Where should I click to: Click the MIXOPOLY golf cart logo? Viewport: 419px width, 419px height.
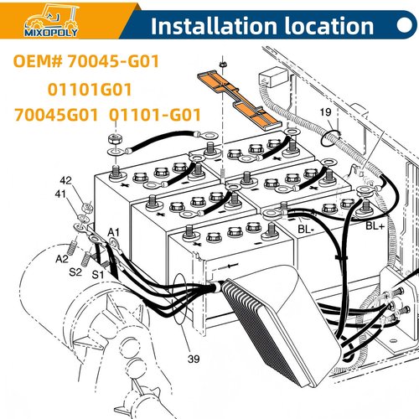coord(51,20)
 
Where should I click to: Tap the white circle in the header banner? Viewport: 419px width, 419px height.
coord(405,25)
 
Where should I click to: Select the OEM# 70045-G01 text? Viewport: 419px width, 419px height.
coord(86,61)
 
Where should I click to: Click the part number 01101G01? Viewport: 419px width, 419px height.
coord(90,90)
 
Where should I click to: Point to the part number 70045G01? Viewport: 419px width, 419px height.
coord(56,115)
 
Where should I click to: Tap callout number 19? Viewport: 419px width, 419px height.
coord(325,112)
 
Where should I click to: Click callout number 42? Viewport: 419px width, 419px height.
coord(66,180)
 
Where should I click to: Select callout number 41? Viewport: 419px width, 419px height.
coord(60,194)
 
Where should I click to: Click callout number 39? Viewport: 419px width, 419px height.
coord(194,359)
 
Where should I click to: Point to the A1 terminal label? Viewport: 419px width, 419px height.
coord(113,232)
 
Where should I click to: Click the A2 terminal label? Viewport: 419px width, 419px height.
coord(62,259)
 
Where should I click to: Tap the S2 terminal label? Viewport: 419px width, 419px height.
coord(75,272)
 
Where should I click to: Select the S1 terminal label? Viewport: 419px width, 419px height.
coord(98,275)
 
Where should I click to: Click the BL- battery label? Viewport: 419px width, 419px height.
coord(306,230)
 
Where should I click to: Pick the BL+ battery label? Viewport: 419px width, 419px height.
coord(375,225)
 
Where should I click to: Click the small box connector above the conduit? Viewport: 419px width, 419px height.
coord(273,76)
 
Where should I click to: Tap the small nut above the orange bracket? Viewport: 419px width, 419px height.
coord(223,64)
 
